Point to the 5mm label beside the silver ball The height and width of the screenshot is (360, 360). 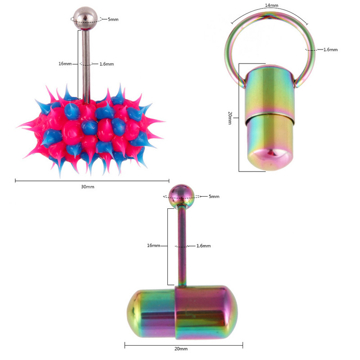(x=113, y=19)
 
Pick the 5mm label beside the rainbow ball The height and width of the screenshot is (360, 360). (x=214, y=197)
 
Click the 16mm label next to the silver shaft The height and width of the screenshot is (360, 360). (x=65, y=64)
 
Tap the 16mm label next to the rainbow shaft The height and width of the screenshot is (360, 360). (x=153, y=246)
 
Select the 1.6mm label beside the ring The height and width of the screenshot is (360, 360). (x=330, y=49)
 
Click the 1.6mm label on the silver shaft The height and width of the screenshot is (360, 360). (x=106, y=64)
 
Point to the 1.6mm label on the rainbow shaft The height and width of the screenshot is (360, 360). (x=203, y=246)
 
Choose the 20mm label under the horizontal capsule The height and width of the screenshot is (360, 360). (x=181, y=349)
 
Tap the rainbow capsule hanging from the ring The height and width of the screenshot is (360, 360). (x=269, y=117)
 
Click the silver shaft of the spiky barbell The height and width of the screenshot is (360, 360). (x=85, y=63)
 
